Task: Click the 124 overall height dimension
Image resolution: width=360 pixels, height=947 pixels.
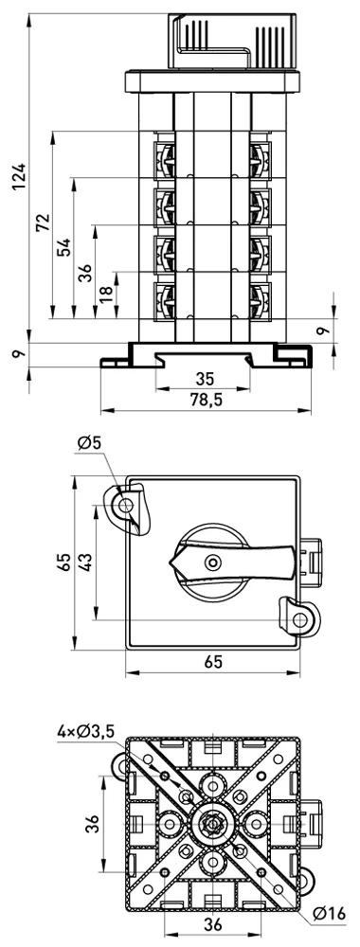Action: pyautogui.click(x=19, y=176)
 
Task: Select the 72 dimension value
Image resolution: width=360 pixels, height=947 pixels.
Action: pyautogui.click(x=43, y=223)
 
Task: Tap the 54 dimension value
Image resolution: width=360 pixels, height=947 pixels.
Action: pyautogui.click(x=64, y=247)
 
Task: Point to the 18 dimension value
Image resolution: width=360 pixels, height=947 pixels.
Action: pyautogui.click(x=106, y=295)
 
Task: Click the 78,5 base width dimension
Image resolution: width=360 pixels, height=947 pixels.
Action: pyautogui.click(x=206, y=400)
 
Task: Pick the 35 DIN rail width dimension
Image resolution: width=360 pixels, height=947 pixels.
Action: pyautogui.click(x=206, y=379)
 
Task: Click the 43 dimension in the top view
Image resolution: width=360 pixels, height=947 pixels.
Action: pyautogui.click(x=85, y=562)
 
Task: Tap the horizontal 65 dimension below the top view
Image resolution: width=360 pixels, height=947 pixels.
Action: pyautogui.click(x=212, y=662)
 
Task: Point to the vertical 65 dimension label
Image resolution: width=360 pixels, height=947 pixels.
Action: pyautogui.click(x=64, y=562)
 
